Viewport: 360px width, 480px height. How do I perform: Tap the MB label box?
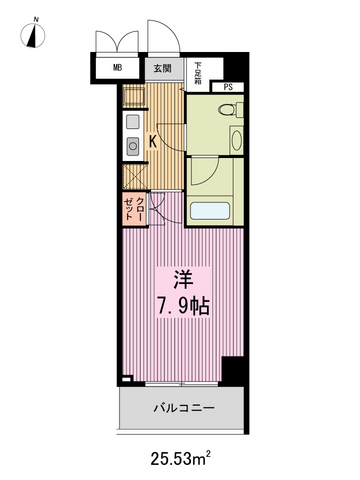118,69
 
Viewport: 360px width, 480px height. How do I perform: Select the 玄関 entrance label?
162,69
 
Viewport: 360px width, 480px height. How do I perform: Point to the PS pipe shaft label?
227,87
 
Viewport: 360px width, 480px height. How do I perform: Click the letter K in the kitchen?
153,141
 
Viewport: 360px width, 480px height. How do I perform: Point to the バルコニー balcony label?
184,409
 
